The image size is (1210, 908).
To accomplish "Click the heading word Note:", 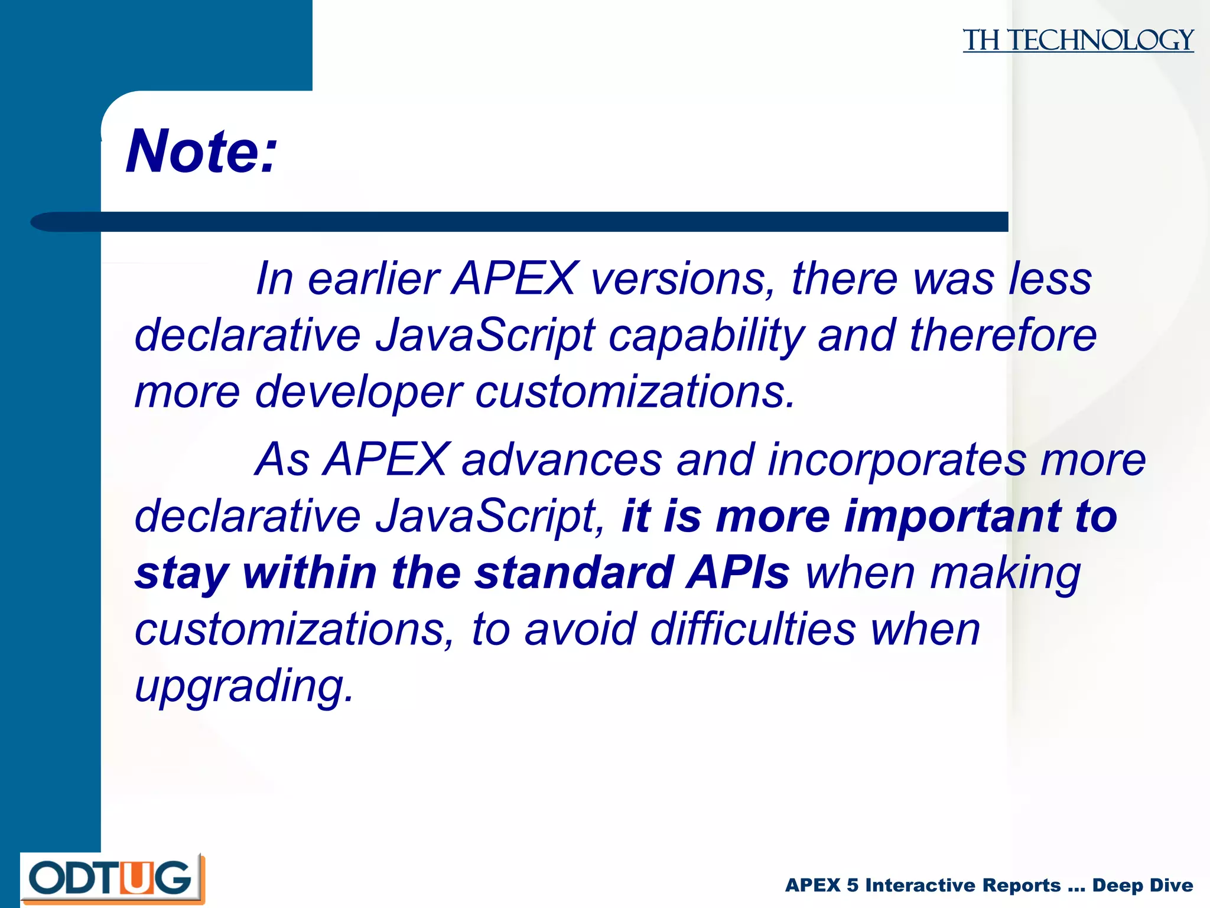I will pyautogui.click(x=201, y=152).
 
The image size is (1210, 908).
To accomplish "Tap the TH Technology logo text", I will pyautogui.click(x=1078, y=40).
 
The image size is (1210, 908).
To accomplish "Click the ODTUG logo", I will pyautogui.click(x=112, y=878).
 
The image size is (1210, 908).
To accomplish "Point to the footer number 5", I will pyautogui.click(x=852, y=885).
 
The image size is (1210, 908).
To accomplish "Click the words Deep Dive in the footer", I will pyautogui.click(x=1142, y=885).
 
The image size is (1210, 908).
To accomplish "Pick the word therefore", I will pyautogui.click(x=1003, y=335).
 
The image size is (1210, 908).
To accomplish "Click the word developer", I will pyautogui.click(x=359, y=391).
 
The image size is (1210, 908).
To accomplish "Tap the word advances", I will pyautogui.click(x=561, y=459).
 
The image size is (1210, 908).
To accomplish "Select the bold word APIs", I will pyautogui.click(x=737, y=572).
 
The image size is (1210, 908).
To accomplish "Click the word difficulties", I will pyautogui.click(x=753, y=628).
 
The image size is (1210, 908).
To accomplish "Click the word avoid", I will pyautogui.click(x=580, y=628).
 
